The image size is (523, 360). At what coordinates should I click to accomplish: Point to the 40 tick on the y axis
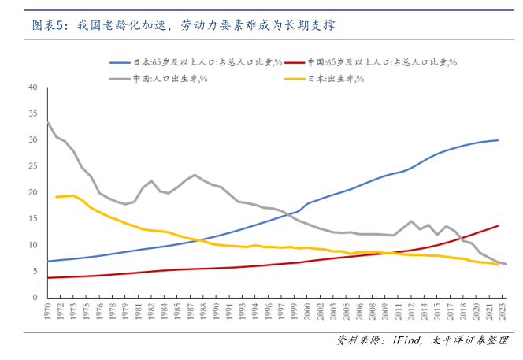tap(33, 87)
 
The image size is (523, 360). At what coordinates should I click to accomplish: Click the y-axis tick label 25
tap(33, 166)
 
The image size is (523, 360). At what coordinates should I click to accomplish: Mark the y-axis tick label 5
tap(35, 272)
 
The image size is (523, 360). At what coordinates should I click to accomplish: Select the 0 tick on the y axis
tap(35, 298)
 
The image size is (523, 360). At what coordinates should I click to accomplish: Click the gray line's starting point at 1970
tap(49, 122)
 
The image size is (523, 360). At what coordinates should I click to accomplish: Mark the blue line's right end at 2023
tap(498, 140)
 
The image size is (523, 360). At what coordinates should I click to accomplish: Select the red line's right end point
tap(498, 226)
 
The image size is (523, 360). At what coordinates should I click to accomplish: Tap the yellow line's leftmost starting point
tap(57, 197)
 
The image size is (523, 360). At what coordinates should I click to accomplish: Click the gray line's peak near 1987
tap(195, 175)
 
